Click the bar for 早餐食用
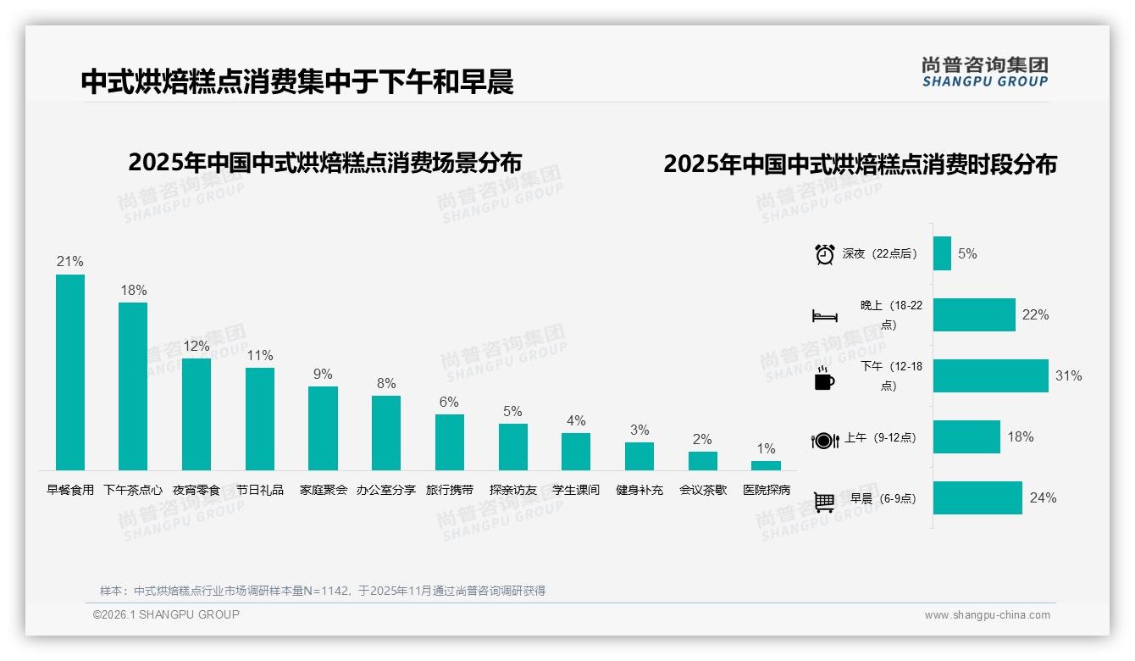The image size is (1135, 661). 70,372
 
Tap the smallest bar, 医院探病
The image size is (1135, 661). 766,465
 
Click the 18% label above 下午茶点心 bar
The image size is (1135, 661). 133,290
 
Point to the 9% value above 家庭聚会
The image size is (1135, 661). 323,374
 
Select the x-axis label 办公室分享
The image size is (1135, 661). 385,490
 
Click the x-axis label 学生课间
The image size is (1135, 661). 576,490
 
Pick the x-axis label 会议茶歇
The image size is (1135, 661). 702,490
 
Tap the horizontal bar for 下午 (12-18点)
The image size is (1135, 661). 990,375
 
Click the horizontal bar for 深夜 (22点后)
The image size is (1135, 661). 942,253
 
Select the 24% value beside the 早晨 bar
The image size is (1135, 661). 1043,497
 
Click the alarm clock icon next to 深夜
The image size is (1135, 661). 824,254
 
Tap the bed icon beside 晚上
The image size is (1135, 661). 824,316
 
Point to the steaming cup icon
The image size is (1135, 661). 824,379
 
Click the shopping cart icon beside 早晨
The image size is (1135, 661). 824,502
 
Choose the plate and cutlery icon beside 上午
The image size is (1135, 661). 824,440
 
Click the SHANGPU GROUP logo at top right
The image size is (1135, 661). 984,72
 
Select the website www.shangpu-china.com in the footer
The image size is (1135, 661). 987,615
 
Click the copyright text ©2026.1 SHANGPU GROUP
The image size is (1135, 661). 166,614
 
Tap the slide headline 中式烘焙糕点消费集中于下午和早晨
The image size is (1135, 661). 297,81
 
